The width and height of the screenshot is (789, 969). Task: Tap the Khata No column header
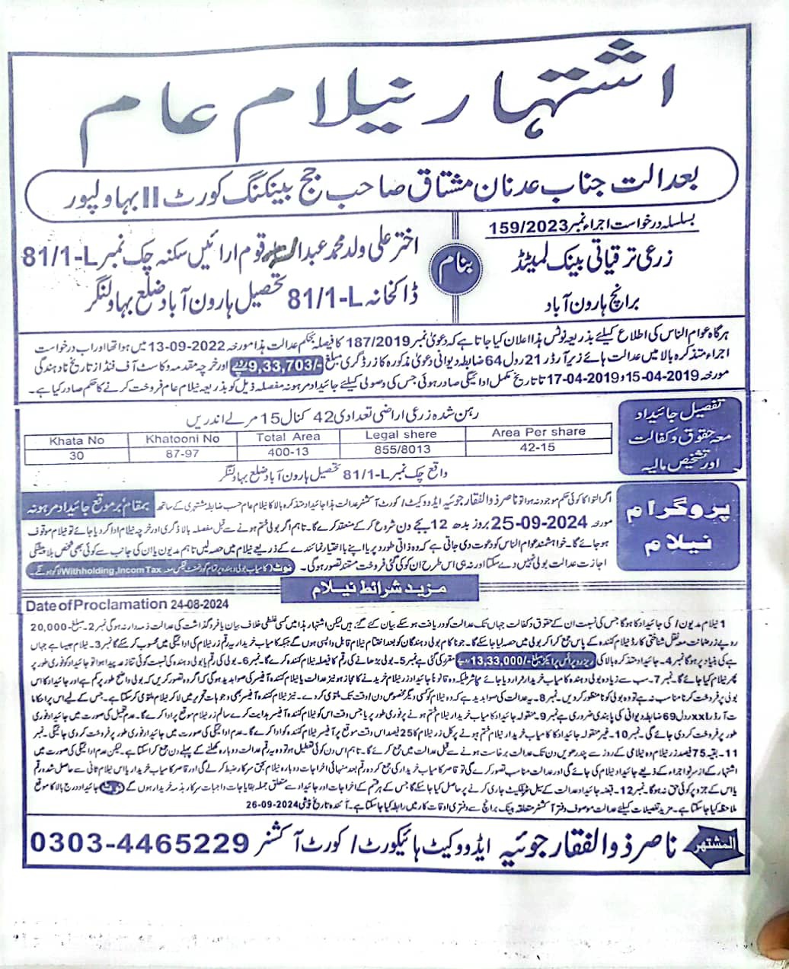pos(76,440)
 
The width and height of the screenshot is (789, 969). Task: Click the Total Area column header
pos(287,437)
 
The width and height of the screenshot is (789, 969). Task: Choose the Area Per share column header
pos(538,432)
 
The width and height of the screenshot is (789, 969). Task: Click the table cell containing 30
pos(76,454)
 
